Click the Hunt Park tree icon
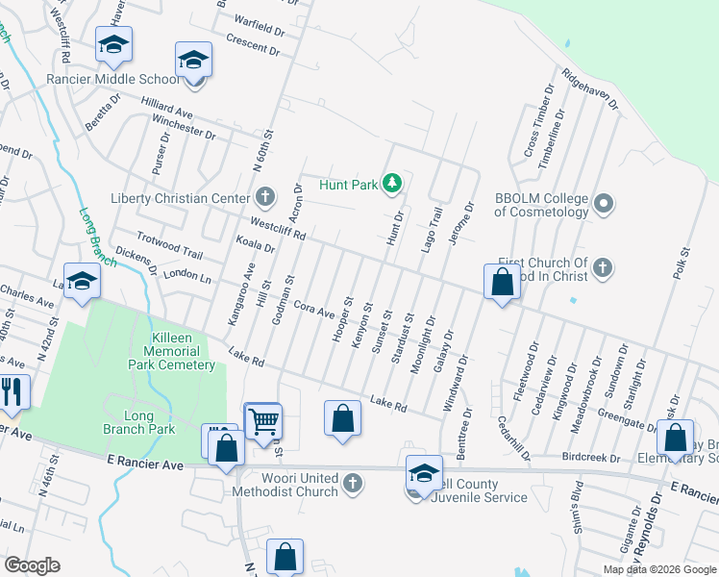click(392, 182)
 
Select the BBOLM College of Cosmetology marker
click(604, 203)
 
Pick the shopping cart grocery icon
click(262, 420)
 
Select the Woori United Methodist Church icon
click(353, 482)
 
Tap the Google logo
click(32, 565)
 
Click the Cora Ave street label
click(313, 310)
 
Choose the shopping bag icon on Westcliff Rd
click(502, 282)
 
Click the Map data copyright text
click(658, 568)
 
